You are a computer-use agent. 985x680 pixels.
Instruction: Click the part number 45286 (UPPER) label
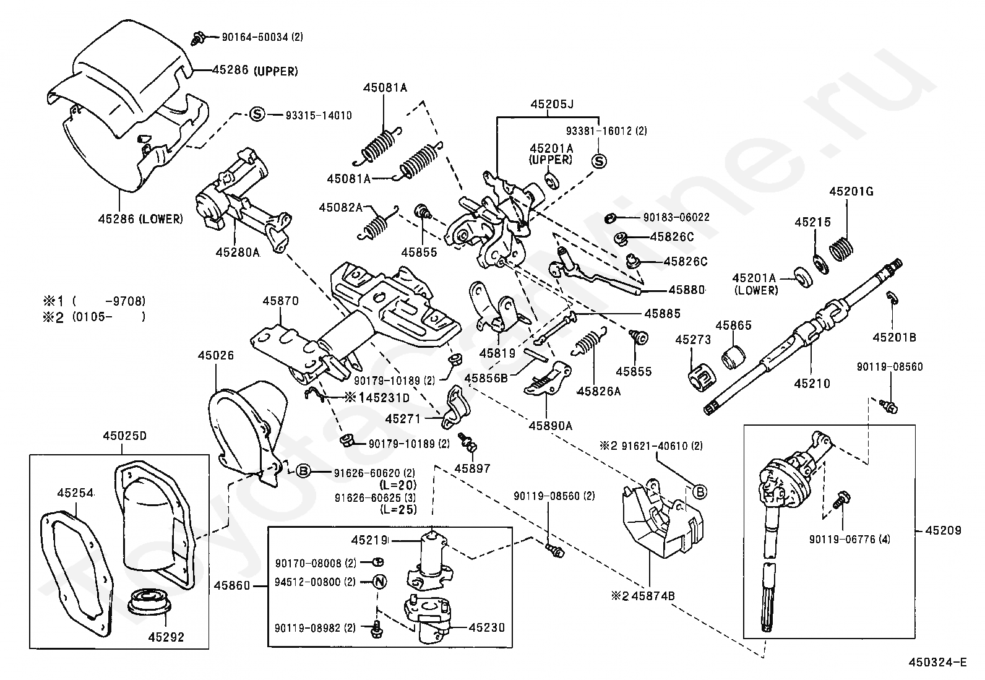pyautogui.click(x=255, y=71)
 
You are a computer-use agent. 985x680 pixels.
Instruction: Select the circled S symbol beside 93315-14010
pyautogui.click(x=257, y=115)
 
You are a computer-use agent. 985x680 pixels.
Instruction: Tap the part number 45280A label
pyautogui.click(x=238, y=252)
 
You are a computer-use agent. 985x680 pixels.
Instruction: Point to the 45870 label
pyautogui.click(x=280, y=301)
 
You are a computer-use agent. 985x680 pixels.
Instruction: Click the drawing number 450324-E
pyautogui.click(x=938, y=663)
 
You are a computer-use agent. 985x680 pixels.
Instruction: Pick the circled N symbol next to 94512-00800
pyautogui.click(x=380, y=582)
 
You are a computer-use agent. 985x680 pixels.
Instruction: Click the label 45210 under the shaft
pyautogui.click(x=812, y=384)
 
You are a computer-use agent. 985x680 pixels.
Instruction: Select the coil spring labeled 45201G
pyautogui.click(x=841, y=249)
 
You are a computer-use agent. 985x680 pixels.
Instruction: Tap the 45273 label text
pyautogui.click(x=693, y=340)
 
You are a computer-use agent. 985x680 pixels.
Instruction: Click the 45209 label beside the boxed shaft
pyautogui.click(x=943, y=530)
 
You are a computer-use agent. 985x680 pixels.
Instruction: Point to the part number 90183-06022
pyautogui.click(x=676, y=217)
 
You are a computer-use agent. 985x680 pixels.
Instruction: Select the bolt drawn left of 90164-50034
pyautogui.click(x=199, y=38)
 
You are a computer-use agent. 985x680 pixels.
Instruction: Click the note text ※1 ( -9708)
pyautogui.click(x=94, y=301)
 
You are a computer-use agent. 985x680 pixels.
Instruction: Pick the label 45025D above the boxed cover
pyautogui.click(x=125, y=436)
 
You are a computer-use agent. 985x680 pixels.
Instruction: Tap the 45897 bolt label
pyautogui.click(x=472, y=468)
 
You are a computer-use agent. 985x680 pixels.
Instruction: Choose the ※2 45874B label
pyautogui.click(x=642, y=596)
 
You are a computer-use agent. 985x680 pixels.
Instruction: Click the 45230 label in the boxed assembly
pyautogui.click(x=487, y=627)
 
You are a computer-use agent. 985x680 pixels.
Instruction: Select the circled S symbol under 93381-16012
pyautogui.click(x=599, y=161)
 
